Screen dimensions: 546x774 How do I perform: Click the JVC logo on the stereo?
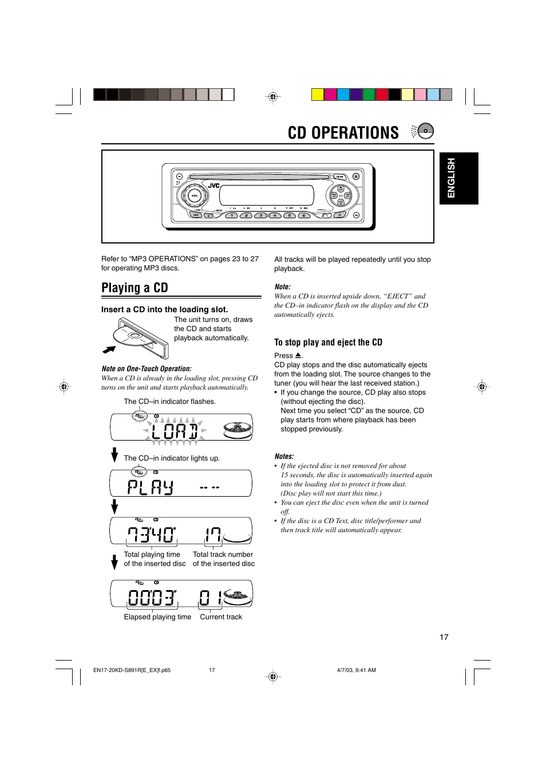tap(213, 186)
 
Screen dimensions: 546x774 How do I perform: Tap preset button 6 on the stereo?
tap(303, 215)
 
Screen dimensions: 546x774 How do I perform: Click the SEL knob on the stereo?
tap(194, 195)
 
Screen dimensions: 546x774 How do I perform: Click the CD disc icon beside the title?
tap(425, 131)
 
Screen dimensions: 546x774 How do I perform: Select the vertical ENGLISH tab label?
tap(452, 178)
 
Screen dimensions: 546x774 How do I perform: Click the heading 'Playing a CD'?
tap(134, 288)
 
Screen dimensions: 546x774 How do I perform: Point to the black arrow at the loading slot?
tap(109, 349)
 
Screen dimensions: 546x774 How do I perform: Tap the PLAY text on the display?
tap(150, 487)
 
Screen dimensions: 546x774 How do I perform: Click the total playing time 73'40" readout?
tap(152, 535)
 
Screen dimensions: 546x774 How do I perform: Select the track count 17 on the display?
tap(213, 535)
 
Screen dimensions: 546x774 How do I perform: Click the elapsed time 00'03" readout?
tap(152, 598)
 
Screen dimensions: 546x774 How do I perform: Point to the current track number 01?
tap(210, 598)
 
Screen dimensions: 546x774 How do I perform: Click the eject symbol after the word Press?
tap(298, 356)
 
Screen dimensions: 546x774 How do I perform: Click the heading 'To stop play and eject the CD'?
tap(328, 342)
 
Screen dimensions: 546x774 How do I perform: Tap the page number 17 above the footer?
tap(444, 637)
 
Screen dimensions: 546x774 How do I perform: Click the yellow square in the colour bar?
tap(317, 95)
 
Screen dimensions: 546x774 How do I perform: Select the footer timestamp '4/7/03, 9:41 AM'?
tap(357, 670)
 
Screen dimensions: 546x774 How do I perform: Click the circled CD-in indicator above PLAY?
tap(139, 472)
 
